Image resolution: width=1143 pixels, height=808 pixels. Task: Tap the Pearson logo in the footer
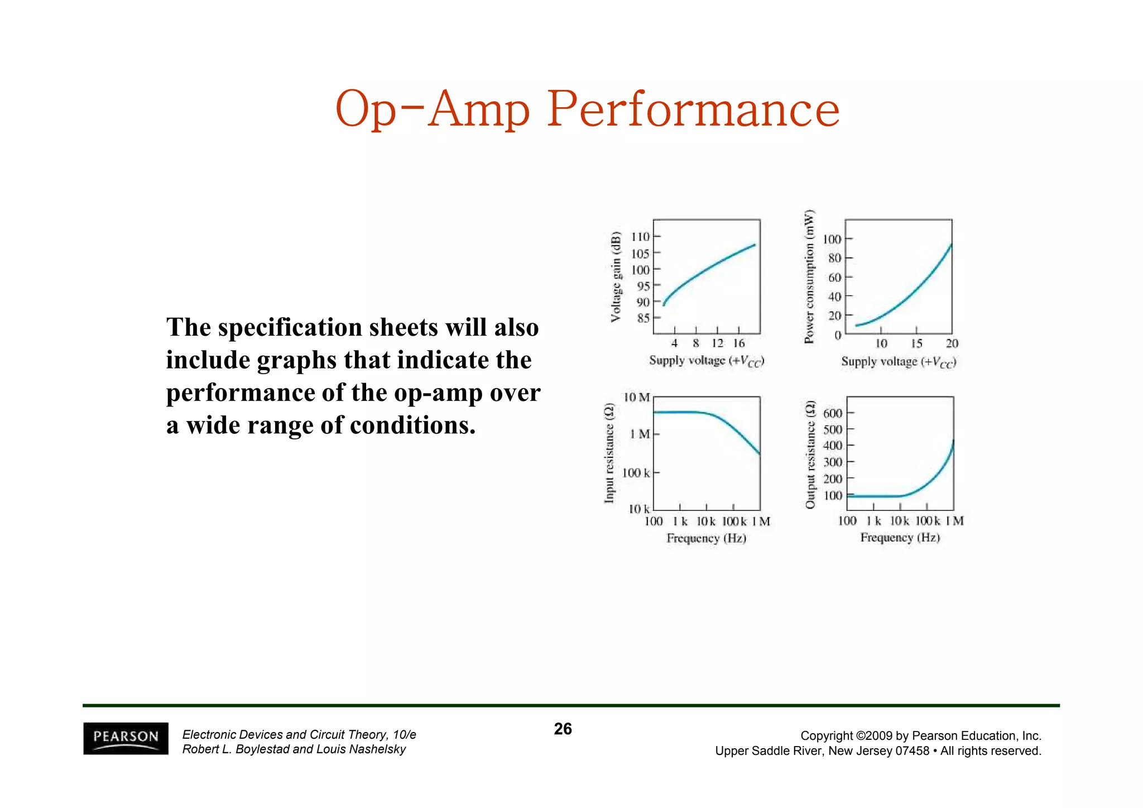126,738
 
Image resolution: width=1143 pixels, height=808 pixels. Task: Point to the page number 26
563,729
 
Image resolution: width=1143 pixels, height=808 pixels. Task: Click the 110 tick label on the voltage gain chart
640,237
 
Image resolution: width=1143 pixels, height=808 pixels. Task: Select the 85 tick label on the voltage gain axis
643,318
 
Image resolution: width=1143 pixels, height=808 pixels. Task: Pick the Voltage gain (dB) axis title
616,277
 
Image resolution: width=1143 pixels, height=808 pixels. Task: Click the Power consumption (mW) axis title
809,277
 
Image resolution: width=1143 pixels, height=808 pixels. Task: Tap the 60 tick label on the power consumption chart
834,278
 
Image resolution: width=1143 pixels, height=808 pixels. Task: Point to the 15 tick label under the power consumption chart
916,343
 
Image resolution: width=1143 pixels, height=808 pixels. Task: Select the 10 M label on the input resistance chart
637,398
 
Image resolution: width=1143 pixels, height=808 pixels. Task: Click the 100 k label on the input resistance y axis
636,473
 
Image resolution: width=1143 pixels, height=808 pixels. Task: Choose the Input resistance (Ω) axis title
609,454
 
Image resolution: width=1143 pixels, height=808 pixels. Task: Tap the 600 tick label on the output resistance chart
833,413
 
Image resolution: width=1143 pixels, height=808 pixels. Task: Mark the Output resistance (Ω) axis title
810,455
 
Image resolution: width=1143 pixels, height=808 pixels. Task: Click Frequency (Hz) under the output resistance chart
900,537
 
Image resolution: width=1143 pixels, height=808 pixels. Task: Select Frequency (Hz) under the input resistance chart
706,538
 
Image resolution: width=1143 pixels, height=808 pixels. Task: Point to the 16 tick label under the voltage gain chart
739,343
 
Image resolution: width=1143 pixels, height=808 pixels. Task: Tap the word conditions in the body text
413,425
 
